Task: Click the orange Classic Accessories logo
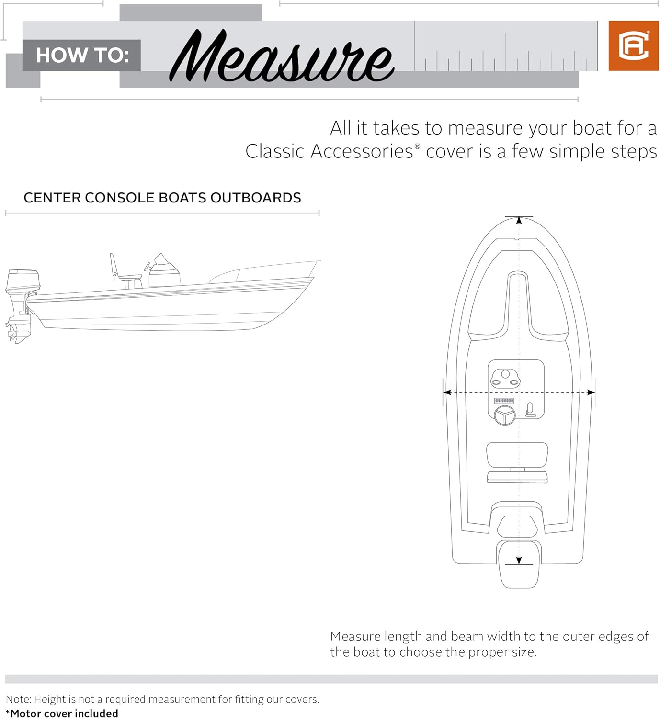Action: [633, 46]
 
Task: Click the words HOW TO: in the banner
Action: [82, 56]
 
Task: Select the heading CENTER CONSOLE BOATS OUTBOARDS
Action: [162, 198]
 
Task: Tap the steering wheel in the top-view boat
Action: [504, 415]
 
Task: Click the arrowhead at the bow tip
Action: [519, 221]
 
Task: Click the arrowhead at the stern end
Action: [519, 561]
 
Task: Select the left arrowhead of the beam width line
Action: [447, 393]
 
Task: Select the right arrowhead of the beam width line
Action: [591, 393]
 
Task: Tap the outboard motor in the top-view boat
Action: [519, 567]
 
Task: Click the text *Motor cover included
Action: [62, 713]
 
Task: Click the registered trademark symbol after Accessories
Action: [417, 146]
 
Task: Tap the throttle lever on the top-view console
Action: [530, 409]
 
